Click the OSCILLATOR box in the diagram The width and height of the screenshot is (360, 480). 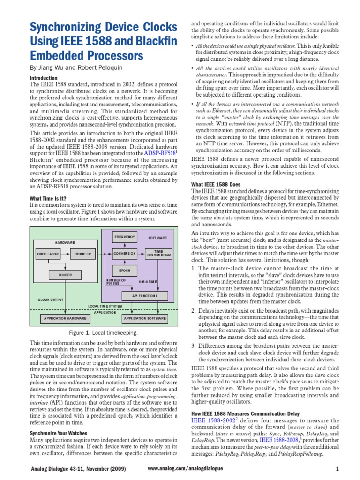click(x=48, y=254)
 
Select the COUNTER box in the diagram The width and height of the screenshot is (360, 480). click(x=82, y=254)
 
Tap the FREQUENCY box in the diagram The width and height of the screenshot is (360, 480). click(x=124, y=237)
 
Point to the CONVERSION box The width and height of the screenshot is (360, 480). click(x=124, y=254)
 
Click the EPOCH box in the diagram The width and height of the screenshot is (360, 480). click(x=124, y=271)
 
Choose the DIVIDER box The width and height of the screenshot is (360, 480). click(x=65, y=275)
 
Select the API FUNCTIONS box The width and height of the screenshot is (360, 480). click(x=146, y=296)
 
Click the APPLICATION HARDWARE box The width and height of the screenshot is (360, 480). click(x=65, y=318)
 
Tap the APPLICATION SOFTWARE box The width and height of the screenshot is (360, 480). click(x=145, y=318)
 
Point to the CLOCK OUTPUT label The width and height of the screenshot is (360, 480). click(x=51, y=299)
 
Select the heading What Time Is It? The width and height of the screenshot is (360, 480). click(x=48, y=199)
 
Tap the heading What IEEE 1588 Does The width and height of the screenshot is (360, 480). click(x=215, y=184)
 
